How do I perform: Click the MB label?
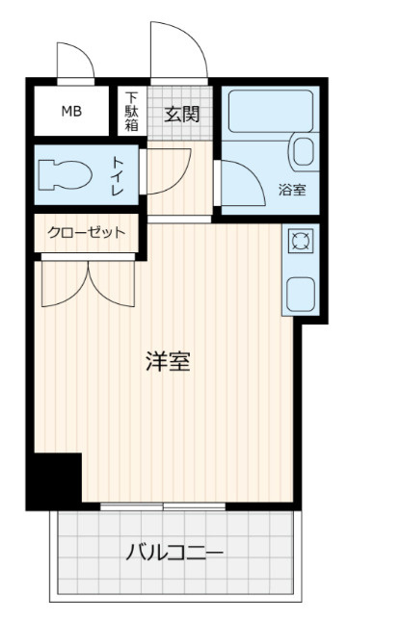pos(71,112)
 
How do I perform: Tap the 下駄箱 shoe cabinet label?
pos(131,112)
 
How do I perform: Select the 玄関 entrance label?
pos(181,115)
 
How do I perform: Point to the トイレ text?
pos(118,176)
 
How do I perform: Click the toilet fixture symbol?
pos(66,175)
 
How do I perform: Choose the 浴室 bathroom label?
pos(292,190)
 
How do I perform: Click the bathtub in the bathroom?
pos(271,112)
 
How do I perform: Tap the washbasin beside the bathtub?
pos(304,151)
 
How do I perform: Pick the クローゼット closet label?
pos(87,232)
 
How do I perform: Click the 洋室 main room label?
pos(168,361)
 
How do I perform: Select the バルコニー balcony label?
pos(174,553)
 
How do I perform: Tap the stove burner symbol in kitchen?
pos(300,241)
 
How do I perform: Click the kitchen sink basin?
pos(301,294)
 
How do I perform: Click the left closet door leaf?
pos(65,283)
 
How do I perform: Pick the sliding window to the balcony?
pos(163,506)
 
